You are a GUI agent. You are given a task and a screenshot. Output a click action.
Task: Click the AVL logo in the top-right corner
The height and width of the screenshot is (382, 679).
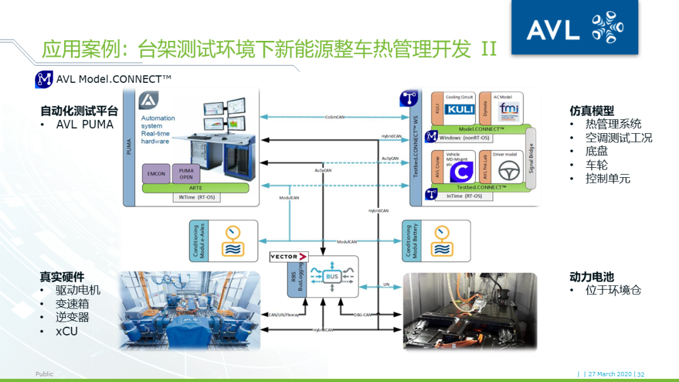(574, 28)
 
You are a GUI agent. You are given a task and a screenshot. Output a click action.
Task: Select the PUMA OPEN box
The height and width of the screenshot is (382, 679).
(186, 173)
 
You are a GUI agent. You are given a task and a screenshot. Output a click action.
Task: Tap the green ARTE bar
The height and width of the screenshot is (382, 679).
(196, 188)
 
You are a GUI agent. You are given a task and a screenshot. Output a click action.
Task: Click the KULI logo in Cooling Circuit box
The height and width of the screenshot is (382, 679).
(459, 109)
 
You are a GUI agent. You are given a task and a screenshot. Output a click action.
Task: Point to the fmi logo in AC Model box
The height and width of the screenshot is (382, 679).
(507, 111)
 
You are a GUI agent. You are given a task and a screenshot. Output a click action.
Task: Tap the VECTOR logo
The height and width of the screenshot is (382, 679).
(289, 256)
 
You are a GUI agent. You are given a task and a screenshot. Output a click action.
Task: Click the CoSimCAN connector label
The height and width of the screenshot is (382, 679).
(334, 116)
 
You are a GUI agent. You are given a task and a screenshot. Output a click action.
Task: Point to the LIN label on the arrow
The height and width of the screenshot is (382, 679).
(387, 284)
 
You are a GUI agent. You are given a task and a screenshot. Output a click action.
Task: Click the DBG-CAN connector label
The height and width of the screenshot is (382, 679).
(363, 314)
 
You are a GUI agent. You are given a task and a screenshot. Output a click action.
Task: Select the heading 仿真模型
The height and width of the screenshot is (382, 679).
(592, 111)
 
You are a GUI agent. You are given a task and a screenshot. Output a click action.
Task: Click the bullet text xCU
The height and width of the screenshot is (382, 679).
(67, 330)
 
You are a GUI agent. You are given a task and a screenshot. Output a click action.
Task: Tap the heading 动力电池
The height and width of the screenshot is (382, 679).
(591, 276)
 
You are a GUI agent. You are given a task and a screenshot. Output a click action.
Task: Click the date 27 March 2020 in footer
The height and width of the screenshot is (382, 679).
(610, 374)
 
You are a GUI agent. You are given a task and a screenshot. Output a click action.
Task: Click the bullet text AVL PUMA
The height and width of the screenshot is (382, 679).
(85, 124)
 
